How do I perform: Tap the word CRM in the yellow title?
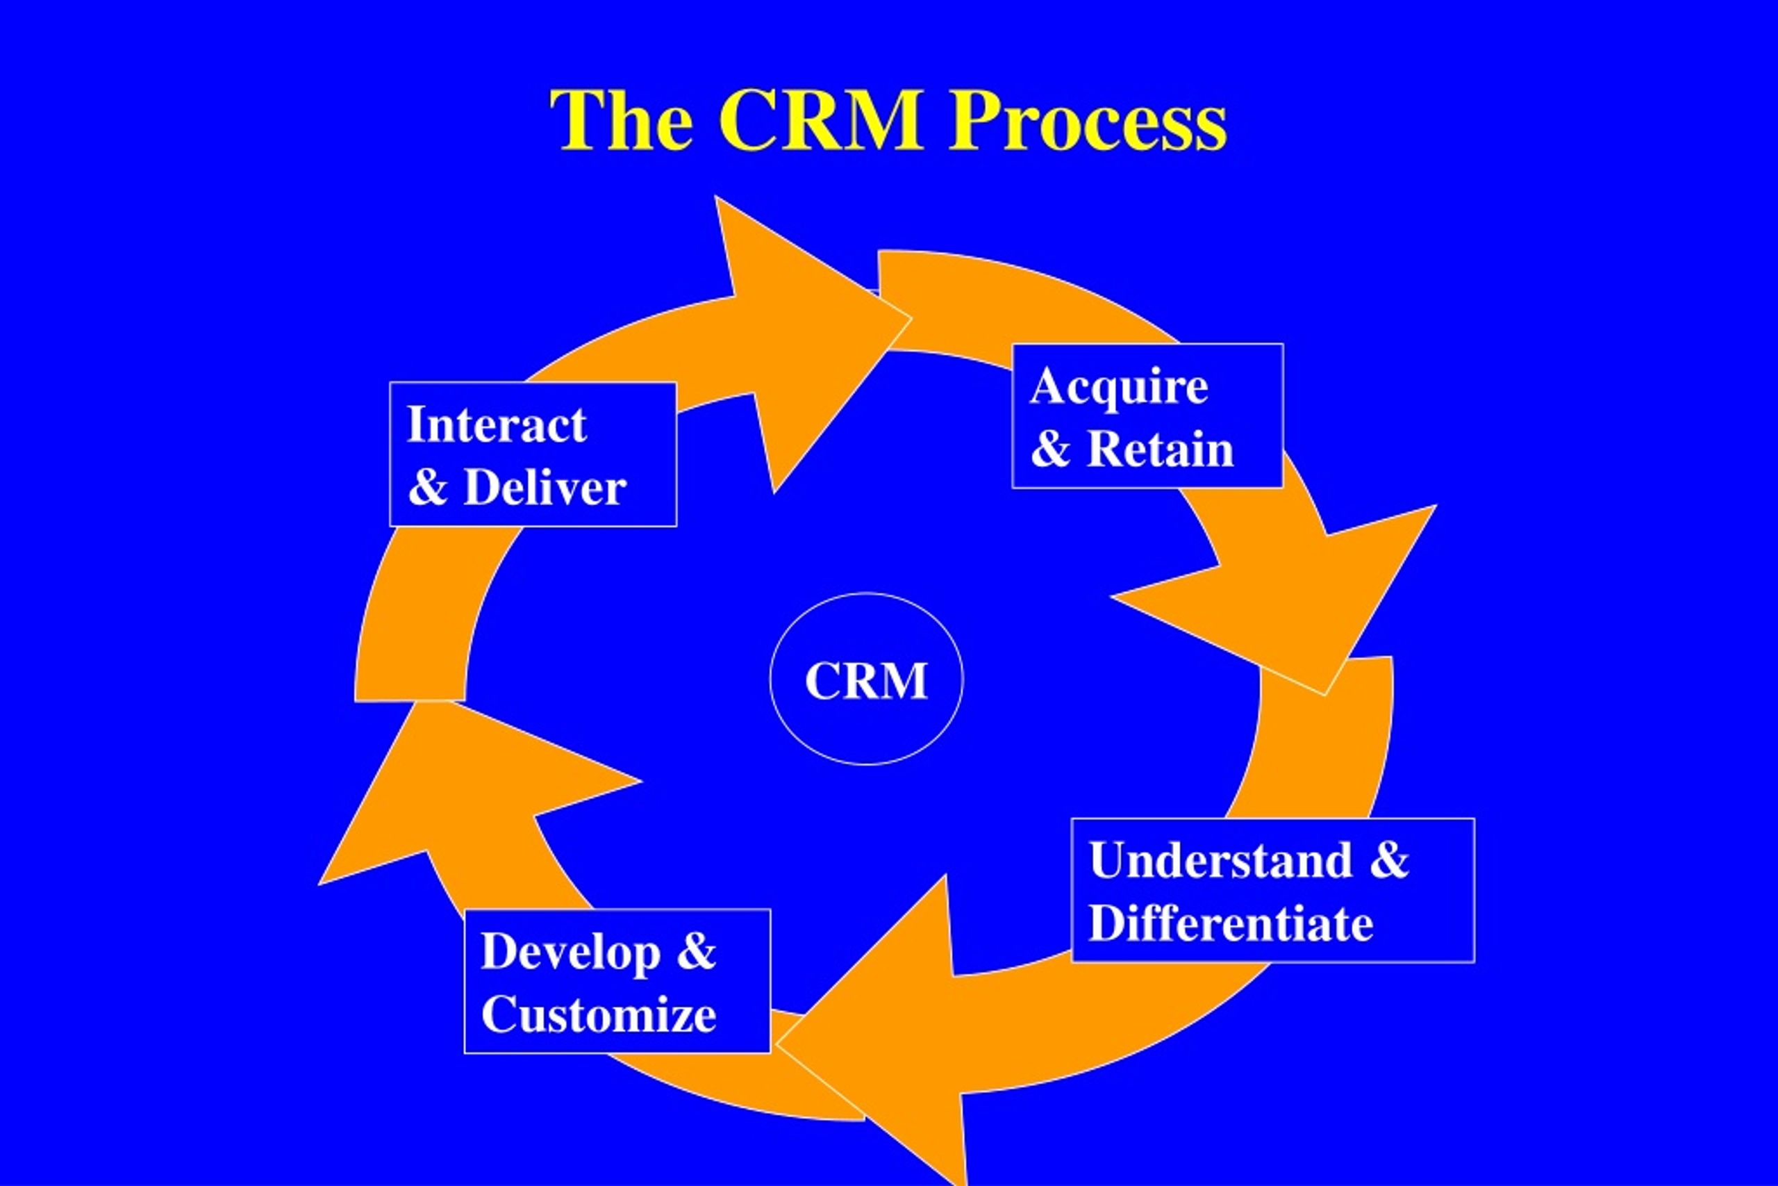(x=822, y=120)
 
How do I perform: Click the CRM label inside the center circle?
(x=866, y=681)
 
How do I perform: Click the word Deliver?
(x=545, y=487)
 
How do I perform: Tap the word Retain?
(x=1161, y=450)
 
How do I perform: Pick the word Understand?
(x=1221, y=860)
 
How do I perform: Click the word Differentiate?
(x=1231, y=923)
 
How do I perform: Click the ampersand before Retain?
(x=1050, y=450)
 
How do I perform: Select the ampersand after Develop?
(x=696, y=952)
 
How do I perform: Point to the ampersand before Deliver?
(x=427, y=487)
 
